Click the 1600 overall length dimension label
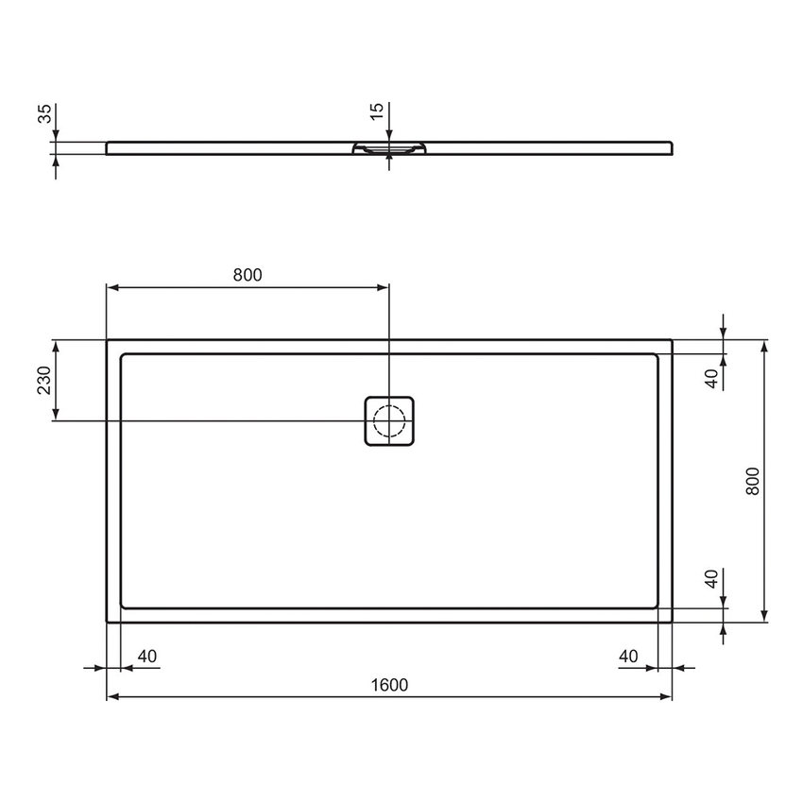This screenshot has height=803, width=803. tap(388, 685)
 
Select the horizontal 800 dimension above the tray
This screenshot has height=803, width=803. tap(247, 275)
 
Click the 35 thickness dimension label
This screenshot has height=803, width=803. tap(43, 115)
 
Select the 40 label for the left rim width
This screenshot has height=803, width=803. tap(147, 657)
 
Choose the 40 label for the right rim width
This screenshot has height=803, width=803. tap(629, 657)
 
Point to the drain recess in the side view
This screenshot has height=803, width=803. tap(389, 148)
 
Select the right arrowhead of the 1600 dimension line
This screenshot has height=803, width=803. tap(666, 697)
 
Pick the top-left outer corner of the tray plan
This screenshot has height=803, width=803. tap(107, 340)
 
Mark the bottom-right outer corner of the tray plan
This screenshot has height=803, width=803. tap(672, 622)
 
